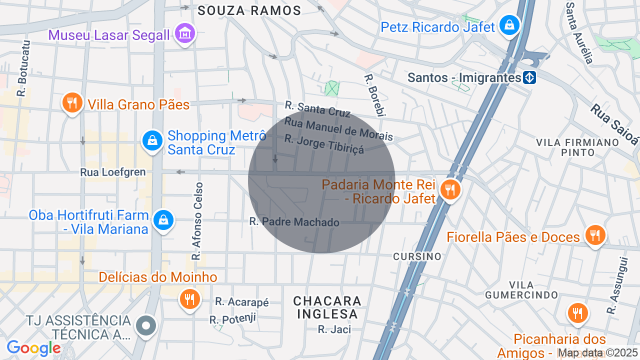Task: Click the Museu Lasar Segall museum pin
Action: pyautogui.click(x=185, y=33)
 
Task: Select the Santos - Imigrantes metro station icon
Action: pyautogui.click(x=529, y=77)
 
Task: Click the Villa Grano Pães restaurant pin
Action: pyautogui.click(x=72, y=103)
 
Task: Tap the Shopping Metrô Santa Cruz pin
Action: pyautogui.click(x=153, y=141)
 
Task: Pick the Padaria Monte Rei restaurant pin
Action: pyautogui.click(x=450, y=189)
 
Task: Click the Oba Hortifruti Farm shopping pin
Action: pyautogui.click(x=163, y=219)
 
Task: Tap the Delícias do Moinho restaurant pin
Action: pyautogui.click(x=189, y=299)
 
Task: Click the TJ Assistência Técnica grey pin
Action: pyautogui.click(x=145, y=325)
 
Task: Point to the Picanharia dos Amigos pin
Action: pyautogui.click(x=577, y=313)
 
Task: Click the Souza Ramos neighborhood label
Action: pyautogui.click(x=249, y=10)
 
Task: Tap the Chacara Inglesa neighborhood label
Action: pyautogui.click(x=327, y=307)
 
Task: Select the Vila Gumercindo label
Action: pyautogui.click(x=521, y=290)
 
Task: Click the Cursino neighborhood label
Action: pyautogui.click(x=417, y=256)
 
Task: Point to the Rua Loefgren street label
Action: pyautogui.click(x=113, y=172)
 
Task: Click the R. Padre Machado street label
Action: pyautogui.click(x=294, y=222)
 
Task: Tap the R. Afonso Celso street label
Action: pyautogui.click(x=197, y=221)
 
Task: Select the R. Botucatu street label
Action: pyautogui.click(x=22, y=68)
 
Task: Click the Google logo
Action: pyautogui.click(x=33, y=348)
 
